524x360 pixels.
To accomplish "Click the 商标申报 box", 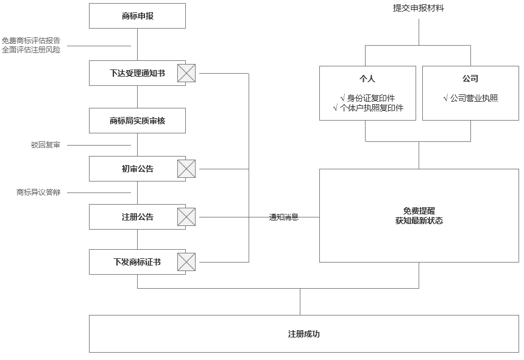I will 137,16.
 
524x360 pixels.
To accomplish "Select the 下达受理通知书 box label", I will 137,73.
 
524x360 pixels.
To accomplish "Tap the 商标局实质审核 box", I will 137,121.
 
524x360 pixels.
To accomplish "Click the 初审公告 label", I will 137,169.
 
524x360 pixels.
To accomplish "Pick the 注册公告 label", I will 137,217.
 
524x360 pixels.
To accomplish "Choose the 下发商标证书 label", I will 137,262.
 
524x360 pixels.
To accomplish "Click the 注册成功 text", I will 303,334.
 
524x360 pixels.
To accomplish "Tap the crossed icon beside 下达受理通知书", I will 186,73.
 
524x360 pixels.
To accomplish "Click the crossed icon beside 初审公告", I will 186,169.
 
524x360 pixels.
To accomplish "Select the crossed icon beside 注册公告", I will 186,217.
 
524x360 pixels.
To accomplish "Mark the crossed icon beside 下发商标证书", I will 186,262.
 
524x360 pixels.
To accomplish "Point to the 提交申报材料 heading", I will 418,8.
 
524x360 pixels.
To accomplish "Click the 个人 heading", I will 367,79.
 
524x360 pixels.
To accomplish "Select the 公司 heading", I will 470,79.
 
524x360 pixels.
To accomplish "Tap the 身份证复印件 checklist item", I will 367,97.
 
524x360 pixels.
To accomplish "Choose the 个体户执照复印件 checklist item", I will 367,108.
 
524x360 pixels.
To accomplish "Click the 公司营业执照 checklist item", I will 470,97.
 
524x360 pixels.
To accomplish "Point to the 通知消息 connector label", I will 284,217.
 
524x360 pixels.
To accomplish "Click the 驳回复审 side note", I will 46,145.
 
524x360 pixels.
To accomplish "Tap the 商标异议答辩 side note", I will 38,192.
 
